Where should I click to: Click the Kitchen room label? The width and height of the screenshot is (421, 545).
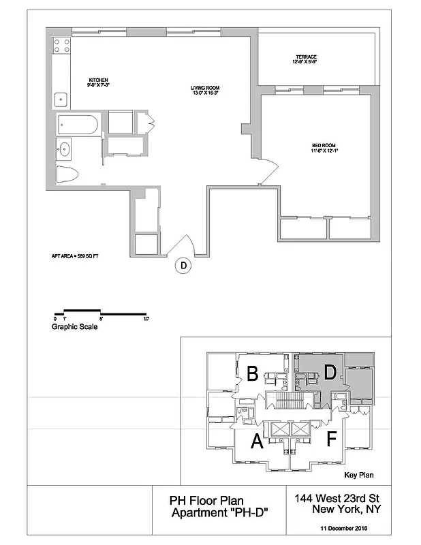pos(97,82)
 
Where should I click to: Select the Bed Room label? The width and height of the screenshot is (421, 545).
pos(324,147)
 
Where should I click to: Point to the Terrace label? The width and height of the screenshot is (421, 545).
pos(306,59)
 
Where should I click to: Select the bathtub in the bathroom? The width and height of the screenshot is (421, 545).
pos(76,124)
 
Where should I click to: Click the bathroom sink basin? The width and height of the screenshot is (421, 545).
pos(65,147)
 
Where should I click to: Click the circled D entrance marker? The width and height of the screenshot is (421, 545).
pos(183,266)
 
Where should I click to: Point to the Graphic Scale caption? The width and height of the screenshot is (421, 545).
pos(74,327)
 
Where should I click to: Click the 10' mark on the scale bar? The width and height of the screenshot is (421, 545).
pos(146,318)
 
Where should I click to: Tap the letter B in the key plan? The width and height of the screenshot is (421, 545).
pos(251,374)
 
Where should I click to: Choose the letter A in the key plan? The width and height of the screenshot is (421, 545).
pos(257,443)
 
